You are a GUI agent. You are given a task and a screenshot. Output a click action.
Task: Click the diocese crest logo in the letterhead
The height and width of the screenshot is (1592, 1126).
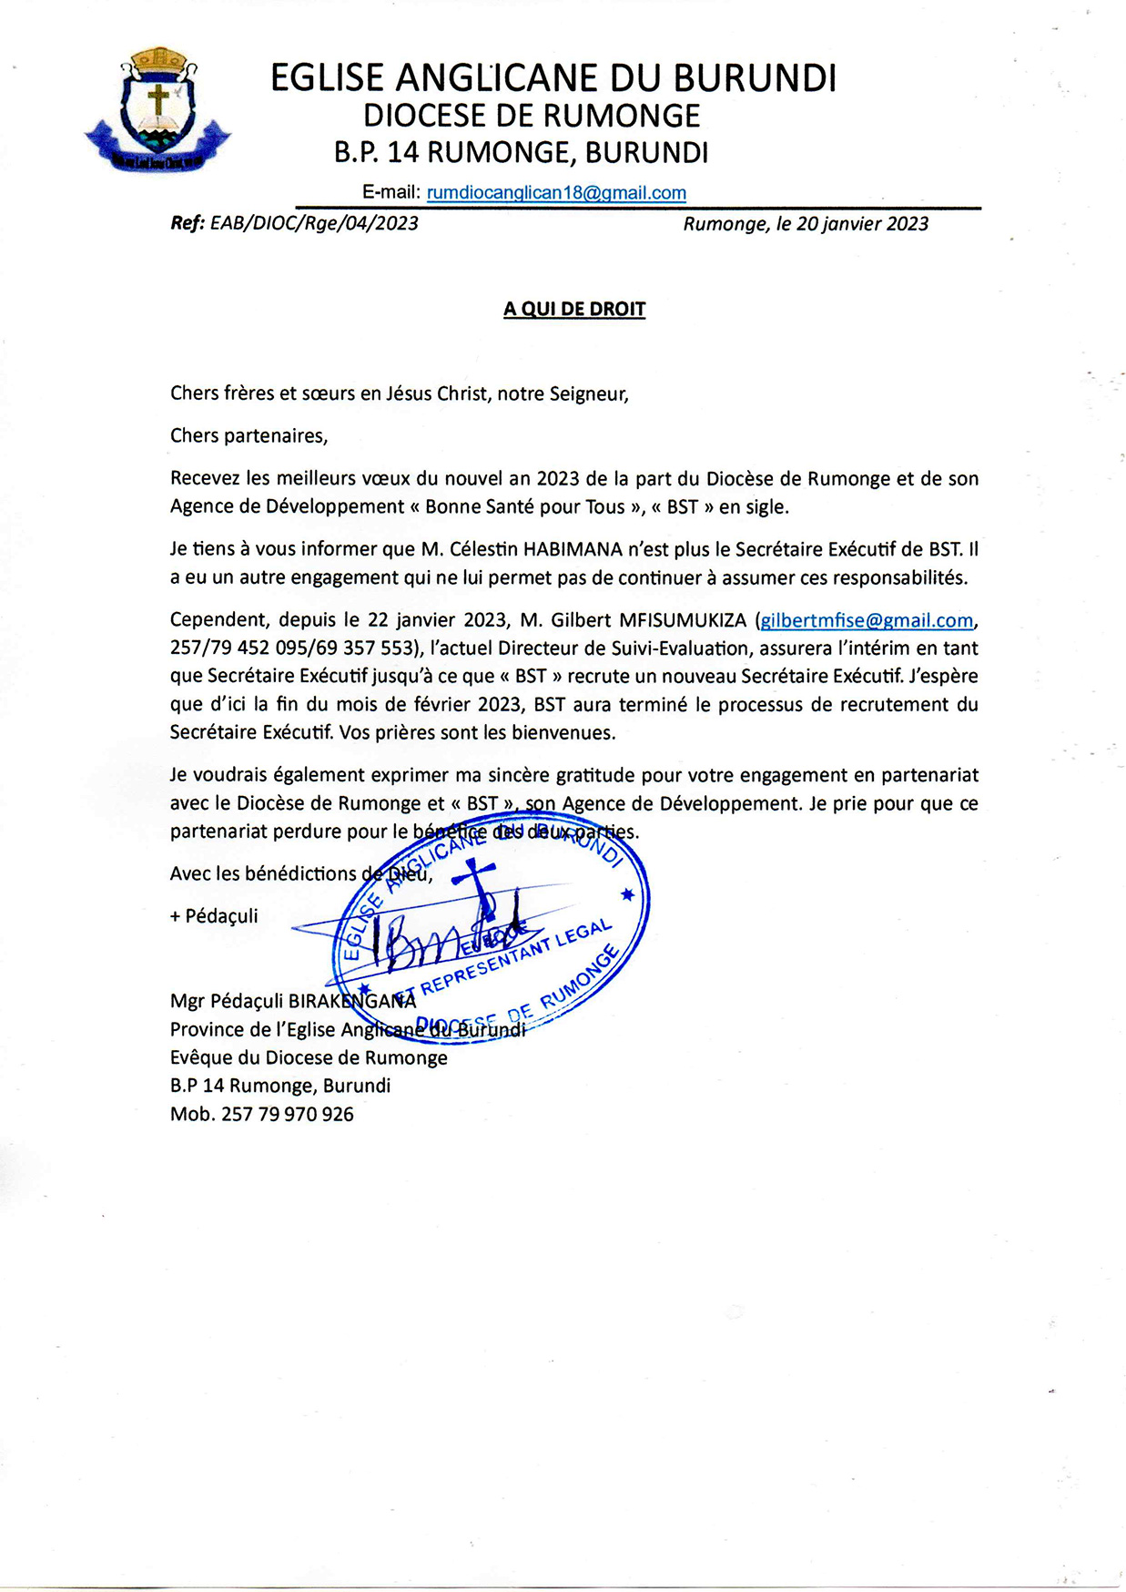coord(157,111)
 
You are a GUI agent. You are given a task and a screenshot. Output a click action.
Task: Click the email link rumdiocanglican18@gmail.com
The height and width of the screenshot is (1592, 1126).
coord(556,193)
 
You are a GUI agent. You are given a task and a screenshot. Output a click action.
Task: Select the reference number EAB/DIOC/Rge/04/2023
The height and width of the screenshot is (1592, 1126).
coord(314,224)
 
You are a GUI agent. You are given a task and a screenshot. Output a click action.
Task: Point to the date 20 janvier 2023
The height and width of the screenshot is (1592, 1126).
coord(862,224)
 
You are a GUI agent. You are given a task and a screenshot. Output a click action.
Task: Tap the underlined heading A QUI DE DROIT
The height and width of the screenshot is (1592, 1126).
coord(574,310)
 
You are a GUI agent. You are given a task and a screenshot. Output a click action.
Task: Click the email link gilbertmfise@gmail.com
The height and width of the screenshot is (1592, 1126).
coord(867,621)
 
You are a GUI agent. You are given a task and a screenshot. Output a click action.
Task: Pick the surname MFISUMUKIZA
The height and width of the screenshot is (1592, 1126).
coord(683,621)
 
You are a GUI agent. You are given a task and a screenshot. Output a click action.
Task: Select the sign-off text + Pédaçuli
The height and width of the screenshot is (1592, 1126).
coord(214,916)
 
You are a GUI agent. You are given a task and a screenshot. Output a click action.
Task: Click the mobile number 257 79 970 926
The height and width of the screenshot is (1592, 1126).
coord(288,1114)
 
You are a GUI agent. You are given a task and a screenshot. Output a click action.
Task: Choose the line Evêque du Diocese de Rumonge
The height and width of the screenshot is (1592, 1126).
coord(309,1058)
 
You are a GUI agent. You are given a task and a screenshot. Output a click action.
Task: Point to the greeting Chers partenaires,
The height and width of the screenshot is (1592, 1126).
coord(249,436)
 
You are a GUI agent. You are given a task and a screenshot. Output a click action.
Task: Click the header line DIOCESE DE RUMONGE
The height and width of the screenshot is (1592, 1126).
coord(532,117)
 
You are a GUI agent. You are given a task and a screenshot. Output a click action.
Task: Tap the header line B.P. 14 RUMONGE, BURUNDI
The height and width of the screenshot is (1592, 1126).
coord(521,153)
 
